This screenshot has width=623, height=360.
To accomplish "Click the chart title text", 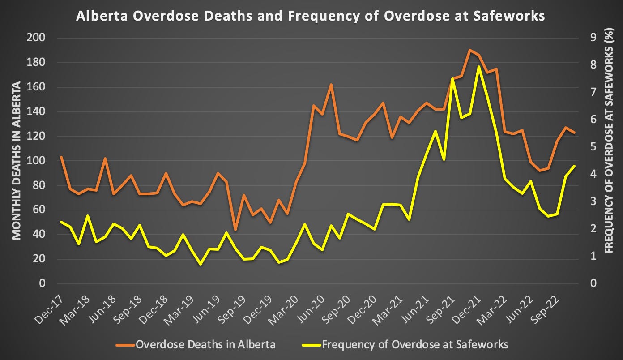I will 311,16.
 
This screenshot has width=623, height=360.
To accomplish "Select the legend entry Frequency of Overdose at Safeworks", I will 414,344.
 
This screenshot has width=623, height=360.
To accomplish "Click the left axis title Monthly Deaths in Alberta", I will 16,160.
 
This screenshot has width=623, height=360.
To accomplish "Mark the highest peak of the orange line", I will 470,50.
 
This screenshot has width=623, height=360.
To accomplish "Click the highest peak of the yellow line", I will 478,67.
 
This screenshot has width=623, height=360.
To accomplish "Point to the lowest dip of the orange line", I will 235,230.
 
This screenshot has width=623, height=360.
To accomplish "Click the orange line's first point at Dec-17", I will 61,157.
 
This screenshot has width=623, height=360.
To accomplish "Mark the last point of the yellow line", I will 574,166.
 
